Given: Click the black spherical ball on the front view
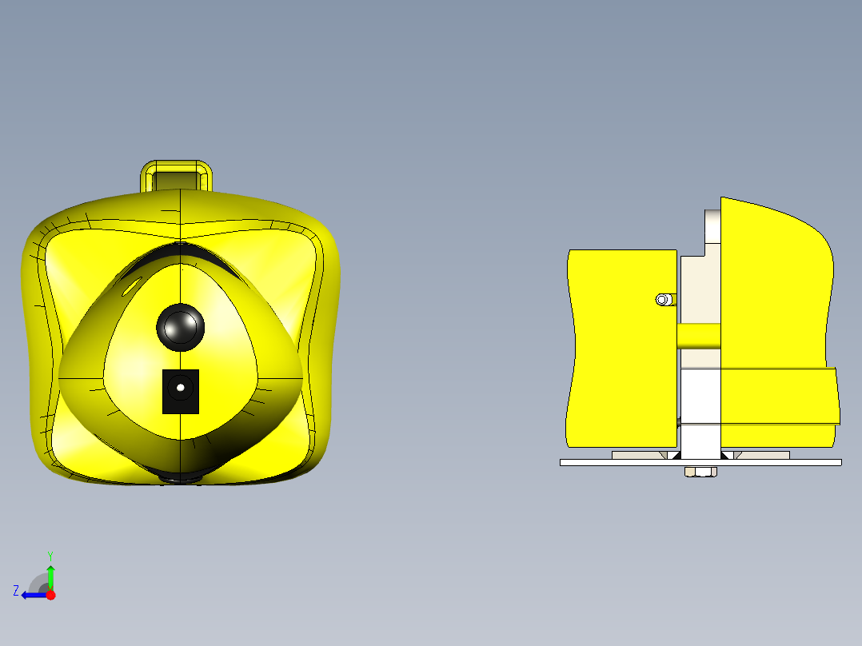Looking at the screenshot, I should [181, 326].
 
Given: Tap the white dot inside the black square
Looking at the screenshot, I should [181, 388].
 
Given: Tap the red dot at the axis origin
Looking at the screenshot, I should [50, 595].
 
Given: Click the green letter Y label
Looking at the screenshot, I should [50, 555].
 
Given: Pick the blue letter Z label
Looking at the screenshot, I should [16, 591].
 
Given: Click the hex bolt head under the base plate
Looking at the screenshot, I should [700, 472].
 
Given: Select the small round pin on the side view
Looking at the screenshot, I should [662, 300].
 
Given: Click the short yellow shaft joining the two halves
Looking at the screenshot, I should [699, 336].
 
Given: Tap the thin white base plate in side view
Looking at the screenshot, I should [608, 462].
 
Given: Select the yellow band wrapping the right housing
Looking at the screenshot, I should [780, 396].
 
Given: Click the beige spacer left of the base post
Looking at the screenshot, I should [638, 455].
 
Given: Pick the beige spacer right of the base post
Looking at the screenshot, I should [764, 455].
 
